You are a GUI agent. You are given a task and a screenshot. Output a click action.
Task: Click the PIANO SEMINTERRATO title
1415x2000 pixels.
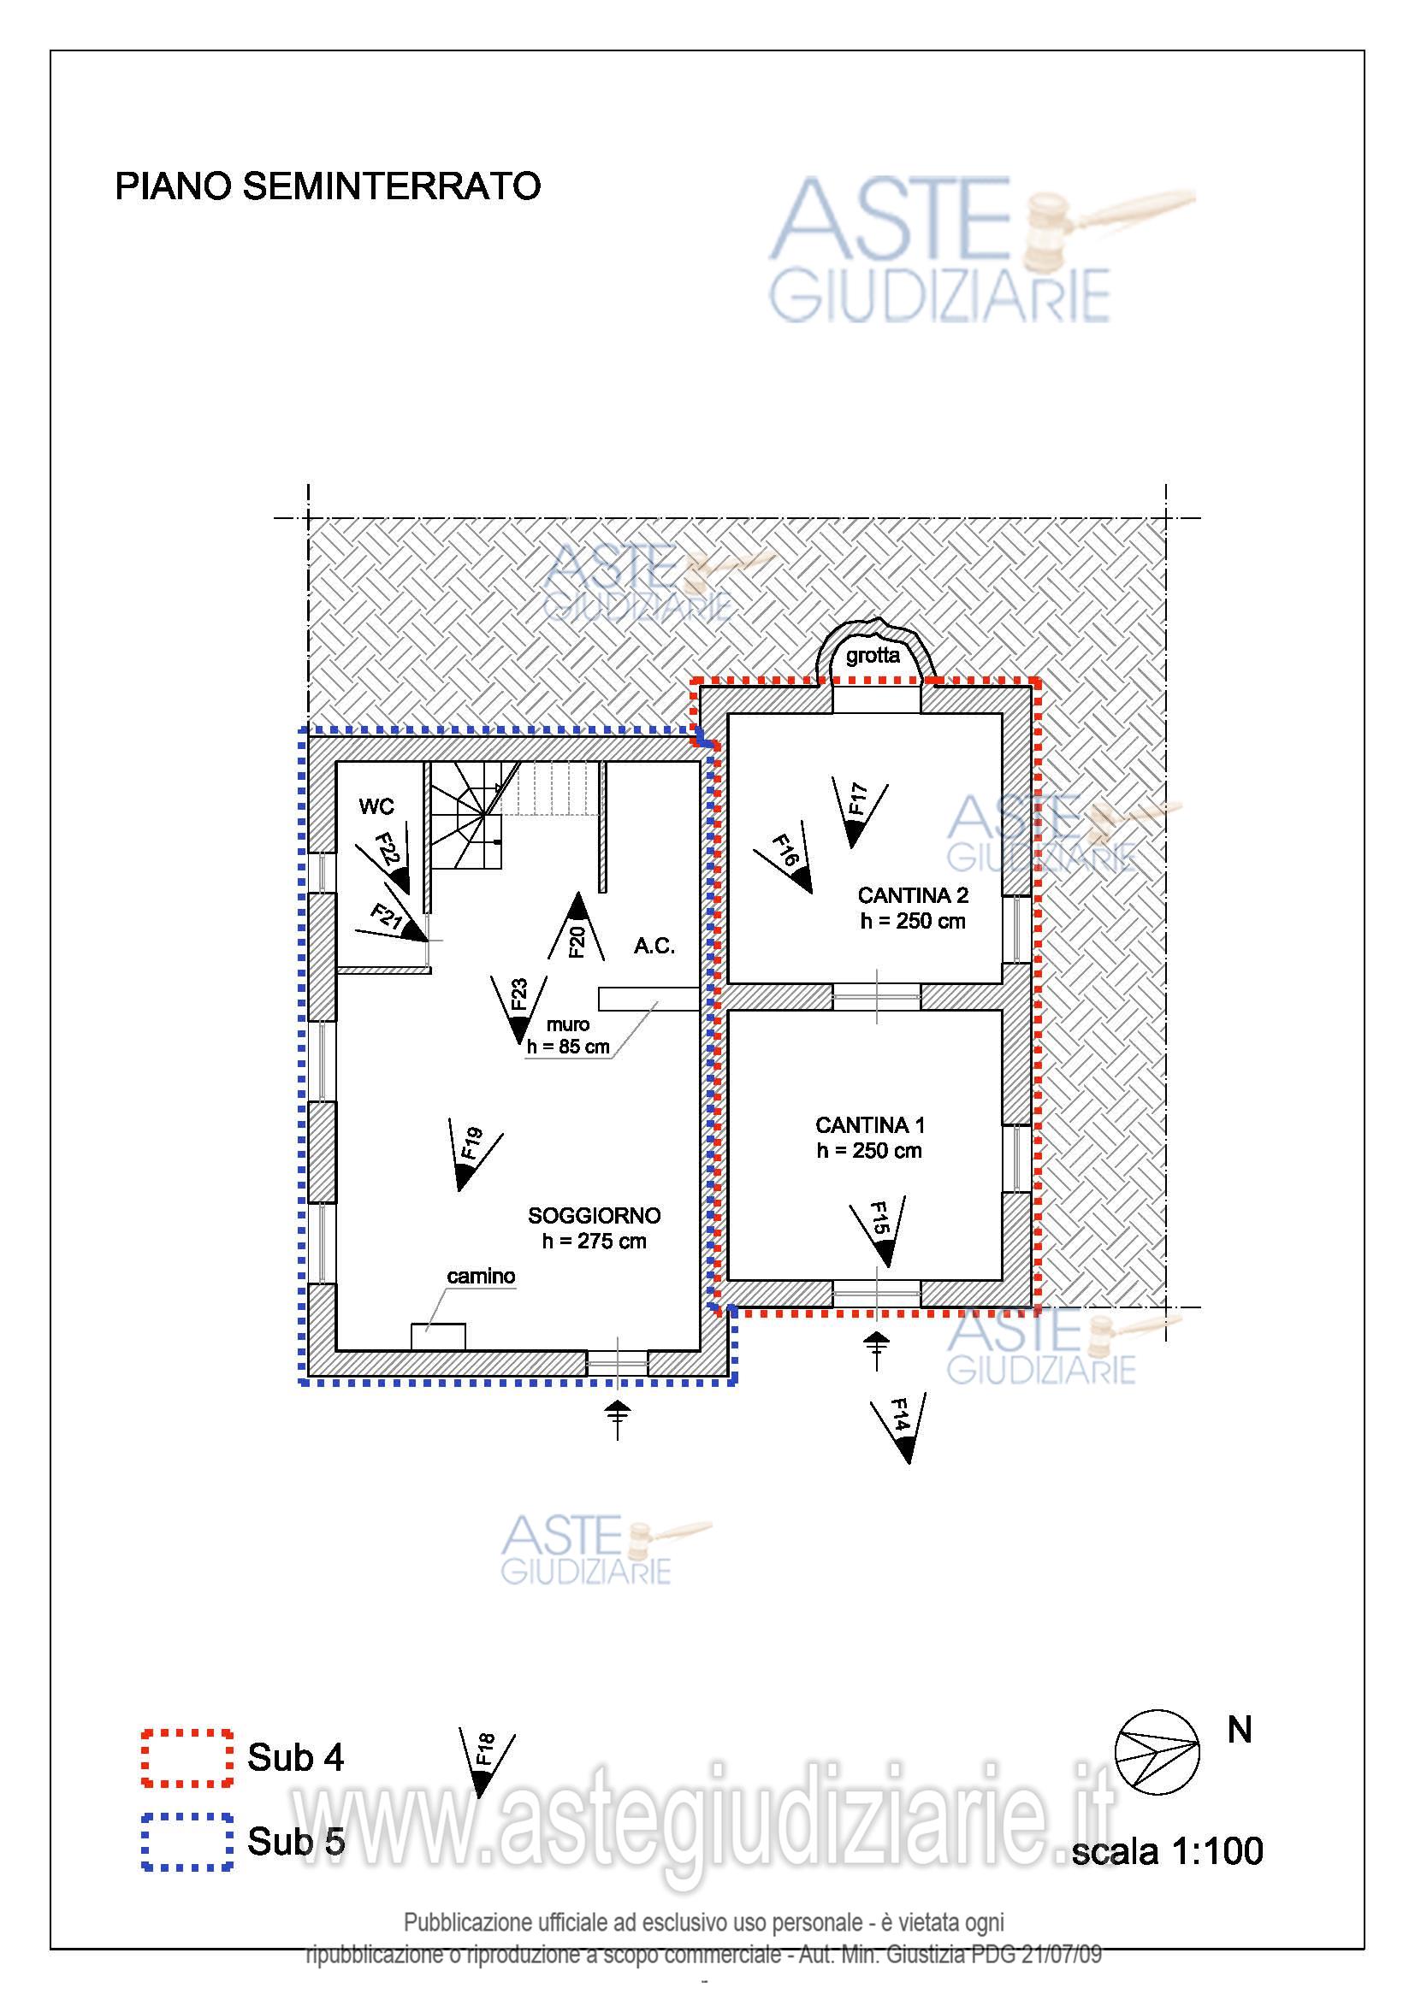pyautogui.click(x=328, y=186)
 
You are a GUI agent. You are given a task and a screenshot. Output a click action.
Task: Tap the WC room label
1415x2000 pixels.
pyautogui.click(x=376, y=806)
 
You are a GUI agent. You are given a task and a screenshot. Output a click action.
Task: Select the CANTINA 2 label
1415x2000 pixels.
pyautogui.click(x=913, y=895)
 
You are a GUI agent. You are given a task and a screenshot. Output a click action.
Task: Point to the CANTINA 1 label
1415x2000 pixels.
pyautogui.click(x=870, y=1125)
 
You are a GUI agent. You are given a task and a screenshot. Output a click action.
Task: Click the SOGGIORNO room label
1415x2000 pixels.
pyautogui.click(x=595, y=1216)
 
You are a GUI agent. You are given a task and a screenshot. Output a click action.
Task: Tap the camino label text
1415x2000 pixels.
pyautogui.click(x=481, y=1276)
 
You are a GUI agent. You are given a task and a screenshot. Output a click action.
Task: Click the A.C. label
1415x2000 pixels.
pyautogui.click(x=654, y=946)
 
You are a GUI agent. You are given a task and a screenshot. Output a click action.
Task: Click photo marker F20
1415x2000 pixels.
pyautogui.click(x=576, y=926)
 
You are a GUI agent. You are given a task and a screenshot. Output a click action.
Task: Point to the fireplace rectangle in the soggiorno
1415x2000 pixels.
pyautogui.click(x=438, y=1337)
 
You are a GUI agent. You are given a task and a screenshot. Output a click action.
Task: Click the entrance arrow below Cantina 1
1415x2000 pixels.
pyautogui.click(x=877, y=1351)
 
